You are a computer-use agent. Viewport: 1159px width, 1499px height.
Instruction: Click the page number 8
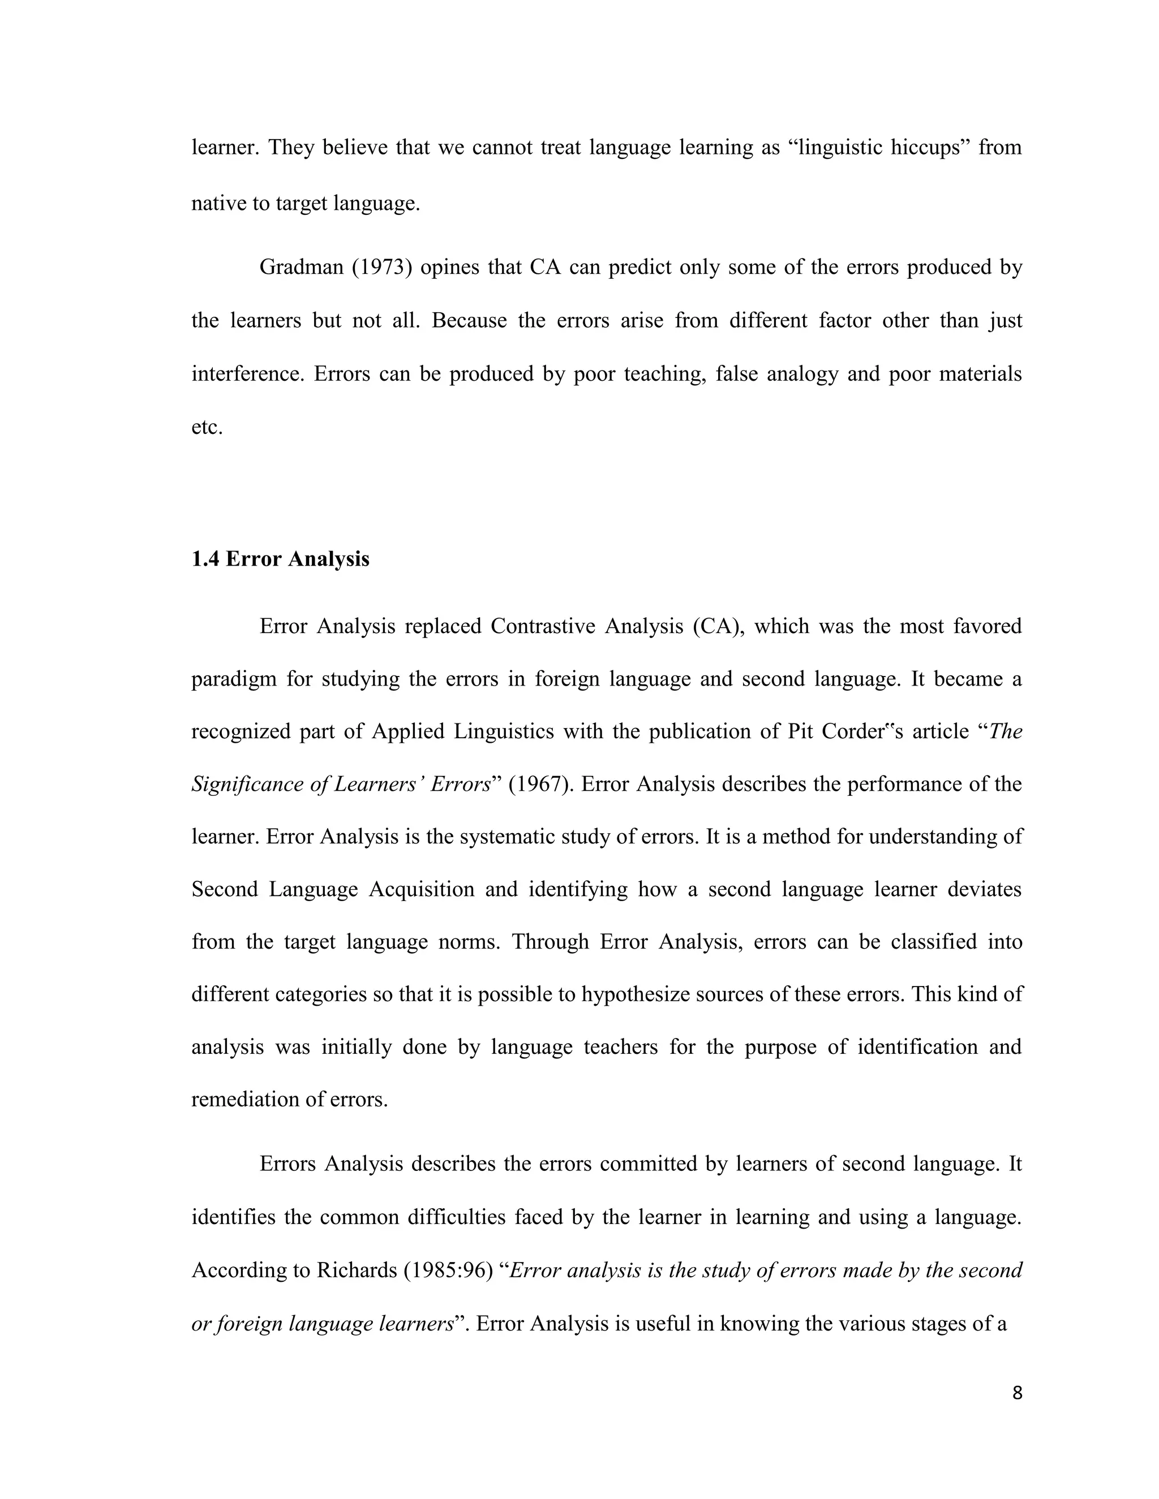1017,1393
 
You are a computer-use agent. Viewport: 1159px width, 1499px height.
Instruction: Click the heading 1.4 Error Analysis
280,559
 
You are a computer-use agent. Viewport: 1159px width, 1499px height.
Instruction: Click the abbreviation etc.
207,428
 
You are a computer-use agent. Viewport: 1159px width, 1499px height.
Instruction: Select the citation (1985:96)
448,1270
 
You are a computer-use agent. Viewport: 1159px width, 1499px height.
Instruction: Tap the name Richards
357,1270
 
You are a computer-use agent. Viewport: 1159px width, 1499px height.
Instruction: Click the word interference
247,374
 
